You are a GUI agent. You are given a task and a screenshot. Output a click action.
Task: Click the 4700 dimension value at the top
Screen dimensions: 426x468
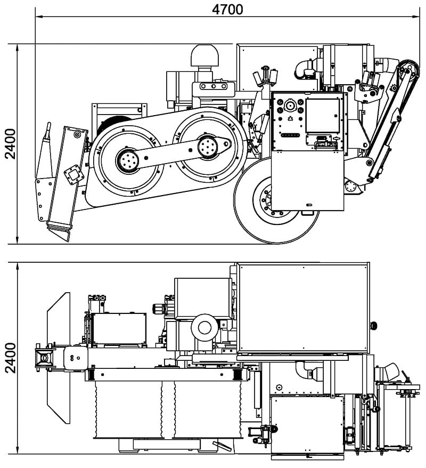point(227,9)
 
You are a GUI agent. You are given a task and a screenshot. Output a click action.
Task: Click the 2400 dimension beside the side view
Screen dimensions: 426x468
point(11,144)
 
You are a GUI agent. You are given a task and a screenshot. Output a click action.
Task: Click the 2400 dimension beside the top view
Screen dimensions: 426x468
point(11,358)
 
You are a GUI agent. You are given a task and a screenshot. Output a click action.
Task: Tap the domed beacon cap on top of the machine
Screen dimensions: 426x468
point(204,55)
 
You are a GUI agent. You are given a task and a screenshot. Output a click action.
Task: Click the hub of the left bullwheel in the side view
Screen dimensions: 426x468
point(128,160)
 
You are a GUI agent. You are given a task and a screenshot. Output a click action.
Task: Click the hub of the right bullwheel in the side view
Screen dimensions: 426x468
point(208,146)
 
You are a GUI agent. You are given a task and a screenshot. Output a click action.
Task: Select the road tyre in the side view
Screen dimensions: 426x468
point(277,200)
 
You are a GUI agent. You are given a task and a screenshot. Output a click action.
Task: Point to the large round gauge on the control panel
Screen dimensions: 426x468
point(289,106)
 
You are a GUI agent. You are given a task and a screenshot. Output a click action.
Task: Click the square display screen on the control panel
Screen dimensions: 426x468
point(323,116)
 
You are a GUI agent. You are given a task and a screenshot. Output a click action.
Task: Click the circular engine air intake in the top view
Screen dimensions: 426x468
point(204,328)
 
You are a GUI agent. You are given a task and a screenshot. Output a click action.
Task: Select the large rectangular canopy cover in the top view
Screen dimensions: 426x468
point(303,308)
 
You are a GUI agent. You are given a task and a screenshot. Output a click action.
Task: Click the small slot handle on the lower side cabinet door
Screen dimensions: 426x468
point(309,205)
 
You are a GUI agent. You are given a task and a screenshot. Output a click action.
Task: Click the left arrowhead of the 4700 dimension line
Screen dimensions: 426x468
point(38,17)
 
